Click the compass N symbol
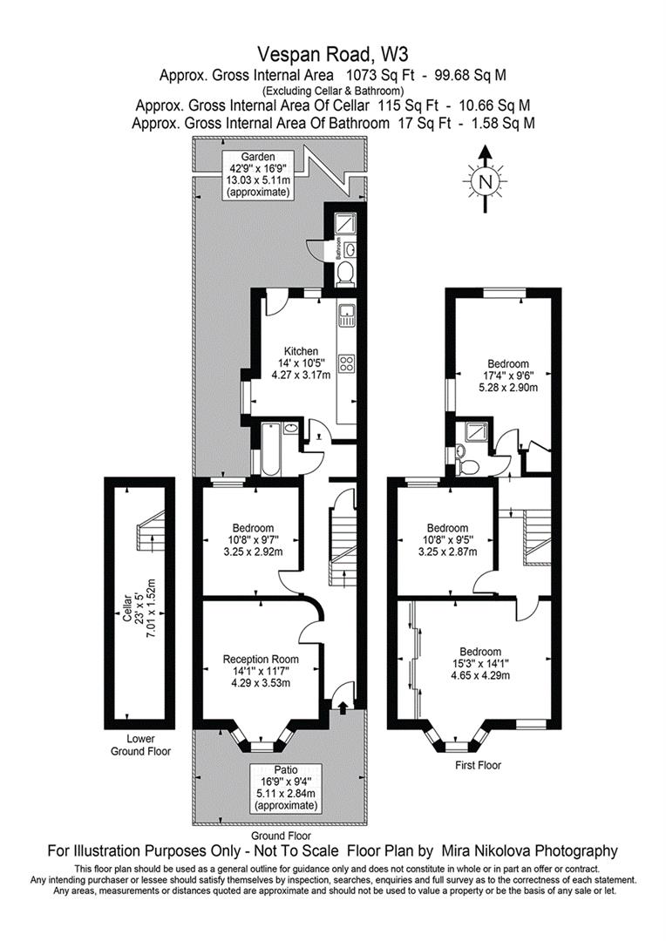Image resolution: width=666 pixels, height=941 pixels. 486,181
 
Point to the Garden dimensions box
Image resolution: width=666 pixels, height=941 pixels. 258,174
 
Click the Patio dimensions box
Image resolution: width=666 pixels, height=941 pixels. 286,788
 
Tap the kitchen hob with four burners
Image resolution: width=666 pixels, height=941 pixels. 347,362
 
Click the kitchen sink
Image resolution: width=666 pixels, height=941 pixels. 347,316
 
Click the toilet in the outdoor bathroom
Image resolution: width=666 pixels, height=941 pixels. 344,275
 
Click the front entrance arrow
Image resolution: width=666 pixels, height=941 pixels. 343,707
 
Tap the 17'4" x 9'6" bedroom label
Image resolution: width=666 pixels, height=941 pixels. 507,375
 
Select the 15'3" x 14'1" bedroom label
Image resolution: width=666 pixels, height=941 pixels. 480,664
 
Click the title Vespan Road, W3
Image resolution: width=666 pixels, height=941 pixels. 333,55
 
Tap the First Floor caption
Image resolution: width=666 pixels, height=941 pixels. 478,765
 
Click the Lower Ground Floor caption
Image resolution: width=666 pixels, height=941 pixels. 140,745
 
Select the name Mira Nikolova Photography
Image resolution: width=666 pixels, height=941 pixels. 529,850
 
